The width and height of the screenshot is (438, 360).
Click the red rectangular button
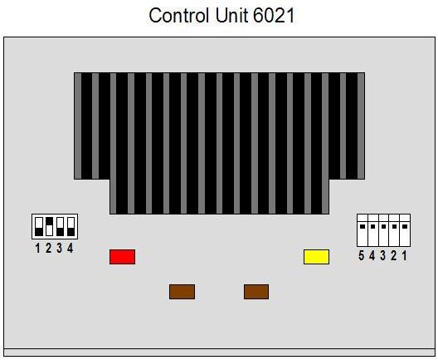(122, 257)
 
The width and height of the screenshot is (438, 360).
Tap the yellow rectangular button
(317, 257)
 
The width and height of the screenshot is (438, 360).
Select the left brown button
(182, 292)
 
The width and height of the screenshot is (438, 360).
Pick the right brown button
(256, 292)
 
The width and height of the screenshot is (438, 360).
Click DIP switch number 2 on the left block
(50, 226)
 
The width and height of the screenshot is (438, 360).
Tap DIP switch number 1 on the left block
(39, 226)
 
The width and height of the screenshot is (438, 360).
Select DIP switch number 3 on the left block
(60, 226)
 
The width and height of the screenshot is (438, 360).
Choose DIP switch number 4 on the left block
(71, 226)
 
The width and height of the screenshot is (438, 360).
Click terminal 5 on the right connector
(363, 230)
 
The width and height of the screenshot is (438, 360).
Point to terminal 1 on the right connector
(405, 230)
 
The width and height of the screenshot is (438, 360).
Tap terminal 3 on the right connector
(383, 230)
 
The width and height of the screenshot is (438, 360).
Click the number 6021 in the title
(274, 16)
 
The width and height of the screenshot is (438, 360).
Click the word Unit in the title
(231, 16)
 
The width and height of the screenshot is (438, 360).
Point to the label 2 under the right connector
(393, 255)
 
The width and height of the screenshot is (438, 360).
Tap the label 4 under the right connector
(372, 255)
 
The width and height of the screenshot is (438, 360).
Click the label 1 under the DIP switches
(37, 248)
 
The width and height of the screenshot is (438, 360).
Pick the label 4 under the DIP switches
(71, 248)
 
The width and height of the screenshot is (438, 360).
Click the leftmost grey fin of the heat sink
(78, 126)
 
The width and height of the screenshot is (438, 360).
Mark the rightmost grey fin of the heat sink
(361, 126)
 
